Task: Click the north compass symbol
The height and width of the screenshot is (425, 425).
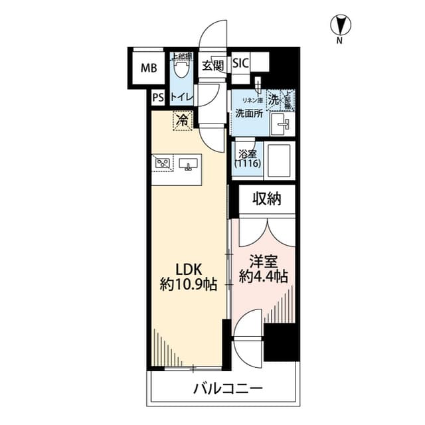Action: click(x=339, y=26)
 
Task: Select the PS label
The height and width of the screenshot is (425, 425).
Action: click(x=157, y=98)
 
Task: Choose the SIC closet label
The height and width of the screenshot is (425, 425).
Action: click(x=240, y=64)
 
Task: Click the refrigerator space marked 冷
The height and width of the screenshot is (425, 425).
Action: click(x=181, y=120)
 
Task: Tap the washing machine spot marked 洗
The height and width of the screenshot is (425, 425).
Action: click(x=274, y=99)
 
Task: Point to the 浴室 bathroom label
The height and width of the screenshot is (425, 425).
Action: click(x=248, y=159)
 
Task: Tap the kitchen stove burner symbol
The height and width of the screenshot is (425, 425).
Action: click(x=161, y=161)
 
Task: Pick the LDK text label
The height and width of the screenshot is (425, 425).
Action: click(x=188, y=269)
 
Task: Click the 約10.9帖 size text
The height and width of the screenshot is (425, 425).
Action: click(x=188, y=286)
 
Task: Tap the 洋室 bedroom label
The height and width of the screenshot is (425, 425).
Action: click(x=262, y=262)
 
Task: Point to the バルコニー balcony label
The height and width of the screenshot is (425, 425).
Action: click(x=228, y=388)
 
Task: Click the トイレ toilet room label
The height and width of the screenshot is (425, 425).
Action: click(x=181, y=98)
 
